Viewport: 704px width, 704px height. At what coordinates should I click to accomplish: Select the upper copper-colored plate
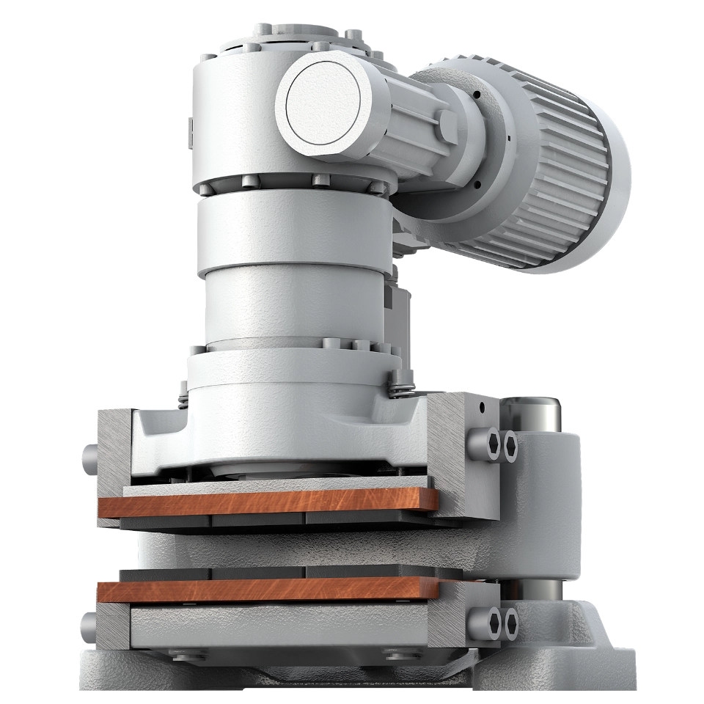pos(268,504)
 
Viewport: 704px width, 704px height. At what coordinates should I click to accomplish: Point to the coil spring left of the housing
pos(183,400)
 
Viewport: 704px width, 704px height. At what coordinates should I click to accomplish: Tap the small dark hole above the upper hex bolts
pos(483,406)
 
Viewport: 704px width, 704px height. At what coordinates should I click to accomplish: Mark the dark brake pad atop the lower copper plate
pos(279,572)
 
